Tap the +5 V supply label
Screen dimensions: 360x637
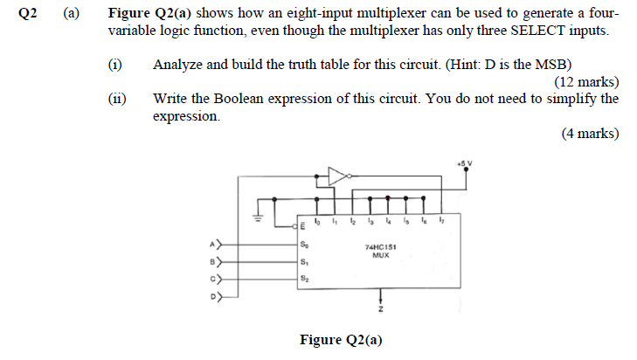click(463, 163)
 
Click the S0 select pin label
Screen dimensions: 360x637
click(303, 245)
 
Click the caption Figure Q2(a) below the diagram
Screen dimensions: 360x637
click(341, 340)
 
